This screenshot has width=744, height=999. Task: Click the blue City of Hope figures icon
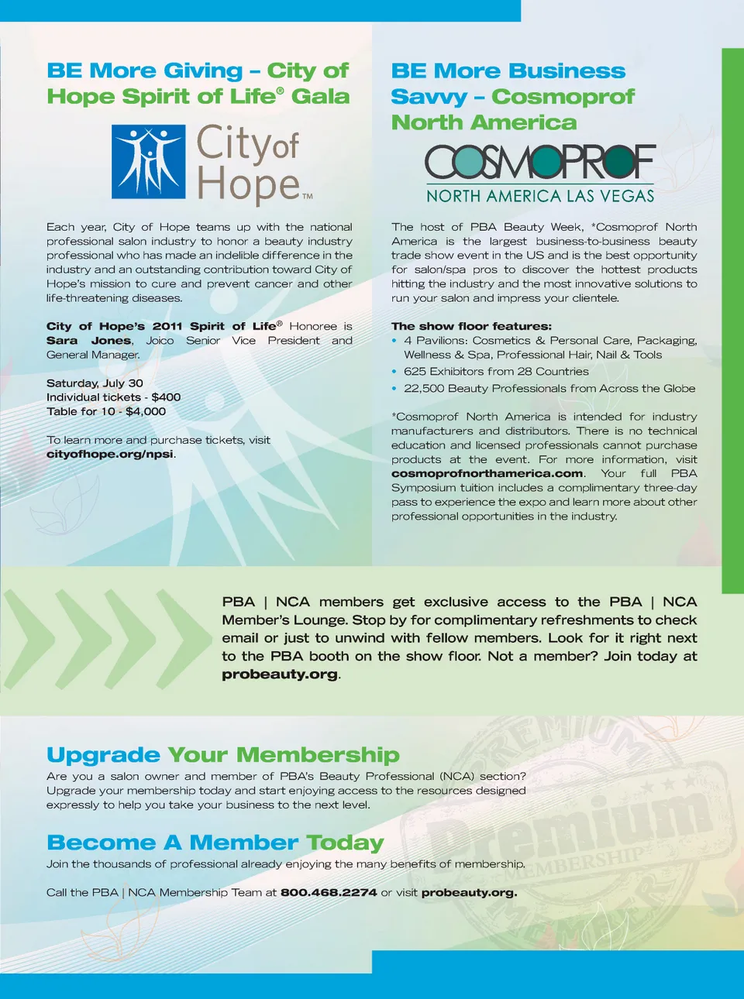(149, 162)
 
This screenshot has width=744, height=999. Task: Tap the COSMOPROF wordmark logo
(540, 162)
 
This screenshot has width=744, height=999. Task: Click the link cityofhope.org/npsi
(110, 454)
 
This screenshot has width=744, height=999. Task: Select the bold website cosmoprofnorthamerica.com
(487, 473)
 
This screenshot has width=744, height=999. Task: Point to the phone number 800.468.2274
(329, 892)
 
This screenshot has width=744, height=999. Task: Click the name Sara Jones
(88, 341)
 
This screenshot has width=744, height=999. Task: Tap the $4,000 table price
(146, 411)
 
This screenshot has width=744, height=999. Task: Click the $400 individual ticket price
(166, 397)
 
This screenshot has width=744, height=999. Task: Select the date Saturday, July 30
(95, 383)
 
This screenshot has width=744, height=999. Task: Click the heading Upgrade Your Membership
(223, 754)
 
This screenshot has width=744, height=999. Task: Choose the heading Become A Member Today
(215, 843)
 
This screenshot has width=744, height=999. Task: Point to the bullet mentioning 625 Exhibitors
(496, 372)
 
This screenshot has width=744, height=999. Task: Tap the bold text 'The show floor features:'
(471, 326)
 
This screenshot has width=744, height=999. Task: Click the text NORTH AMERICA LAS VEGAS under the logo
(540, 197)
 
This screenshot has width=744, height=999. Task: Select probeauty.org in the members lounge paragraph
(280, 674)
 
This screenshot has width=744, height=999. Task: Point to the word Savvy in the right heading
(429, 97)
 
